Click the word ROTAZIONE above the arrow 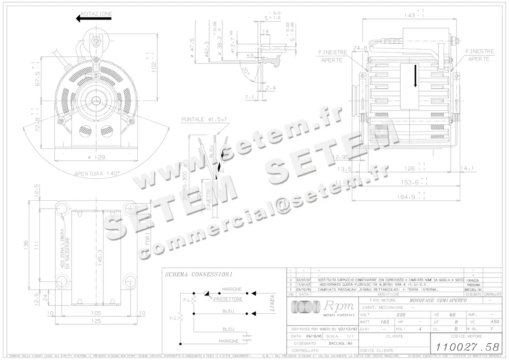(x=96, y=14)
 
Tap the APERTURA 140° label (x=97, y=173)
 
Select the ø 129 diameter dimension (x=97, y=157)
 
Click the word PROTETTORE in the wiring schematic (x=228, y=299)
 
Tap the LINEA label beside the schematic (x=272, y=304)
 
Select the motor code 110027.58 (x=464, y=346)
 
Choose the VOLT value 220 (x=400, y=315)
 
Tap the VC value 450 (x=495, y=322)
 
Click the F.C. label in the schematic (x=173, y=318)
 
